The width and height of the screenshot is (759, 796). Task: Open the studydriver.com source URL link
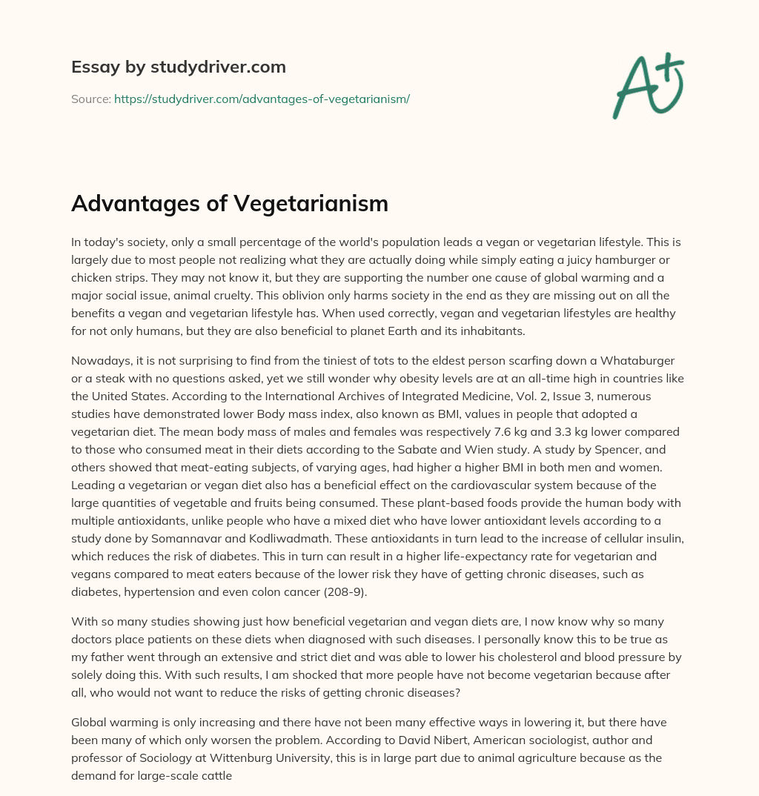pyautogui.click(x=262, y=99)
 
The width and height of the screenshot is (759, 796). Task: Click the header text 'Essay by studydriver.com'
pyautogui.click(x=179, y=67)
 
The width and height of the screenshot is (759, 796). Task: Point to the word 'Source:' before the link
pyautogui.click(x=90, y=99)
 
